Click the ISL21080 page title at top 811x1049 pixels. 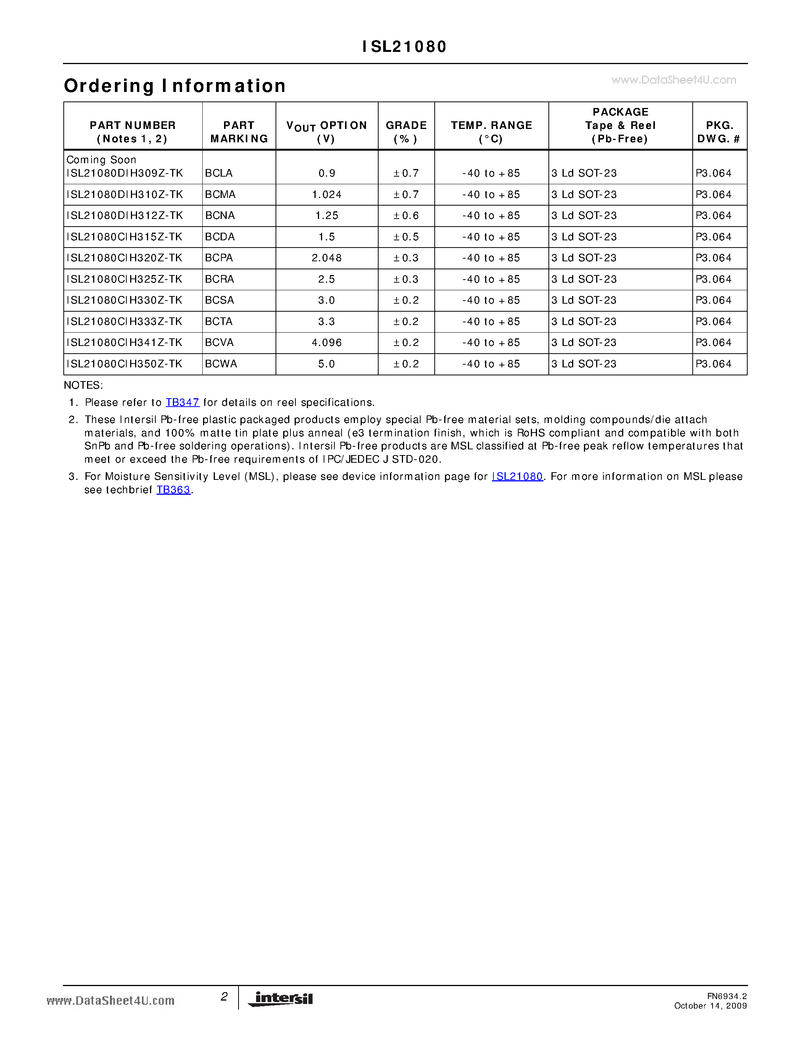(x=405, y=47)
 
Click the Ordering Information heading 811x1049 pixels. (x=175, y=86)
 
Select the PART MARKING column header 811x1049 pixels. (x=239, y=132)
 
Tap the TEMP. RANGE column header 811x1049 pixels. (x=492, y=132)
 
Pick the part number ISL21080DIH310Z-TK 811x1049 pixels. (x=125, y=195)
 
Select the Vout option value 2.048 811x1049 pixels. (x=327, y=258)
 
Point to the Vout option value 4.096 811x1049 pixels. (x=327, y=343)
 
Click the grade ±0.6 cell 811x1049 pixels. (x=406, y=216)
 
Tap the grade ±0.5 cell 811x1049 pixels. (x=406, y=237)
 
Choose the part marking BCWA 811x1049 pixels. (x=221, y=364)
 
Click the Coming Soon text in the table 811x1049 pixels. (x=102, y=159)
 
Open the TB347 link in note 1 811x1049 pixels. (x=182, y=402)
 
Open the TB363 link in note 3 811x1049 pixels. (x=173, y=490)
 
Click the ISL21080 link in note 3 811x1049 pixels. (x=517, y=476)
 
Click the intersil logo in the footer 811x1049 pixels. (x=281, y=999)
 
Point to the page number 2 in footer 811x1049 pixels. (x=224, y=997)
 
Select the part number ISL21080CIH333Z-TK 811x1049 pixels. (x=125, y=321)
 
